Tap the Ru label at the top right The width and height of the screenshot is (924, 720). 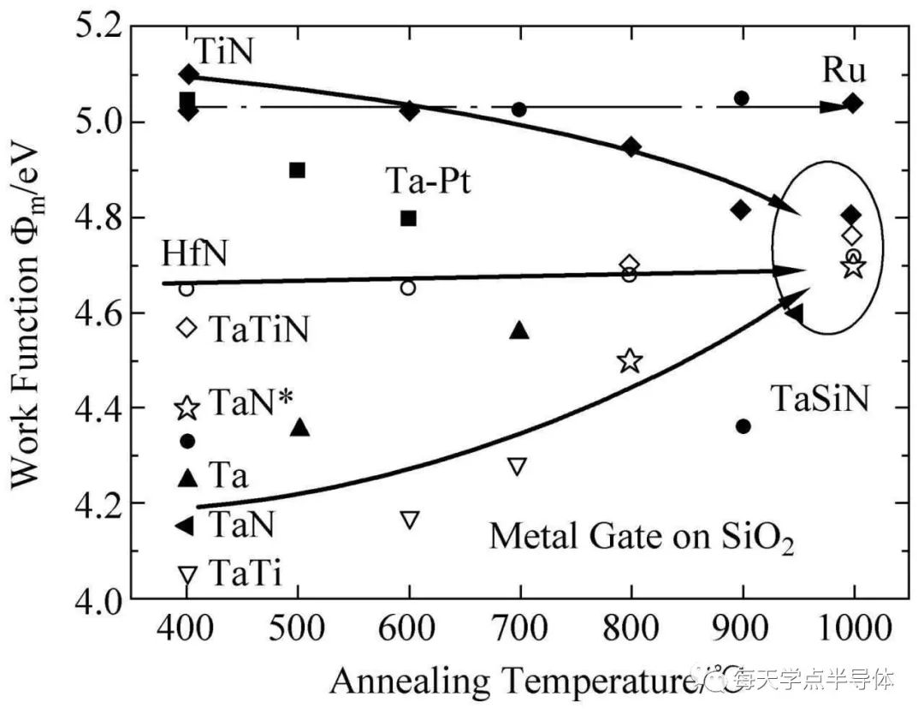point(844,69)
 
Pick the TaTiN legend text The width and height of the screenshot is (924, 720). point(259,329)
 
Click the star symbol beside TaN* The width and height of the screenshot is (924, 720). point(187,408)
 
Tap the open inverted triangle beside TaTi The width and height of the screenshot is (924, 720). point(187,574)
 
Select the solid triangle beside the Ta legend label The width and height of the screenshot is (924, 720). point(187,478)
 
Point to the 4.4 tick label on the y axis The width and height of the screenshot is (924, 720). point(101,409)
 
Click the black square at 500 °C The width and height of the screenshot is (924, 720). point(298,170)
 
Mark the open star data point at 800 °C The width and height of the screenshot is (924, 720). point(630,360)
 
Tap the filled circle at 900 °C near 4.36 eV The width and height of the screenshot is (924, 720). point(743,426)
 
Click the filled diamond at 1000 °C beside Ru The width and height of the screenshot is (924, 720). point(853,104)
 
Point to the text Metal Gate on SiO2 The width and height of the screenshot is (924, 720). point(642,538)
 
